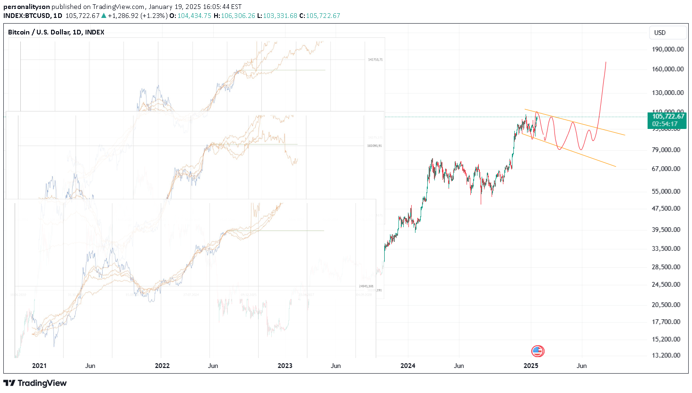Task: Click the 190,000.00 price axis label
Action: (667, 49)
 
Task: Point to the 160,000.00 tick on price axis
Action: (667, 69)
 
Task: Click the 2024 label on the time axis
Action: (407, 366)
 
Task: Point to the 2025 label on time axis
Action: (530, 366)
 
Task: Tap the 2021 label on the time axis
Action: (39, 366)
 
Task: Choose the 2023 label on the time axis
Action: (285, 366)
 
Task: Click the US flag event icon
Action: (537, 351)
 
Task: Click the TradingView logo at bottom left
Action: (35, 383)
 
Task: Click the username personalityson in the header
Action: (26, 7)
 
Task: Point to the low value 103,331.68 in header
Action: (280, 16)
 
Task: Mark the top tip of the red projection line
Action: (606, 62)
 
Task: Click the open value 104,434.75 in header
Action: (194, 16)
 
